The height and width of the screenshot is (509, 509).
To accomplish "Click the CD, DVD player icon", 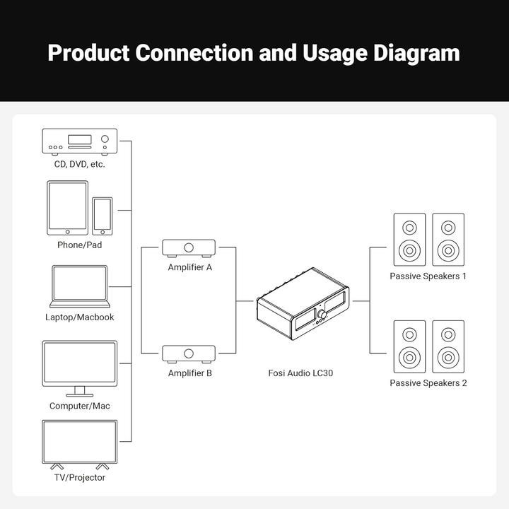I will (79, 141).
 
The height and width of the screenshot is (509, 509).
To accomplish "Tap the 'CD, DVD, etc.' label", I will (79, 164).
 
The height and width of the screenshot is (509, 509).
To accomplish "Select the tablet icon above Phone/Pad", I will (68, 208).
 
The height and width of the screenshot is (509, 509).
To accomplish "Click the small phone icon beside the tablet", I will (103, 216).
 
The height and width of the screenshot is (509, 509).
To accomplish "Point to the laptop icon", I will (79, 286).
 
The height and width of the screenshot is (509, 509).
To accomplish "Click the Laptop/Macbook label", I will (79, 317).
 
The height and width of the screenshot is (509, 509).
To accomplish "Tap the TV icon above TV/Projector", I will (79, 443).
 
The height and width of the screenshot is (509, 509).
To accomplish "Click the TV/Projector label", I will (79, 478).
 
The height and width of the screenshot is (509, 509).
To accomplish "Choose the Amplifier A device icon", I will (189, 247).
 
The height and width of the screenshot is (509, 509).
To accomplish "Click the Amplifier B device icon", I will (189, 353).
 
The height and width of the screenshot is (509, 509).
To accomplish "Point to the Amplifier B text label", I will (189, 373).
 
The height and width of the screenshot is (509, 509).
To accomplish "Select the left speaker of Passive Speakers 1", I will (409, 240).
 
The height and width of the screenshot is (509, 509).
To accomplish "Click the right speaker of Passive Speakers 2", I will (448, 346).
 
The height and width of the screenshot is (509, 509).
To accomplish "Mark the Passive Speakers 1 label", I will (428, 276).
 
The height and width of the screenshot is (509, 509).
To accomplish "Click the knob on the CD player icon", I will (105, 139).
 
